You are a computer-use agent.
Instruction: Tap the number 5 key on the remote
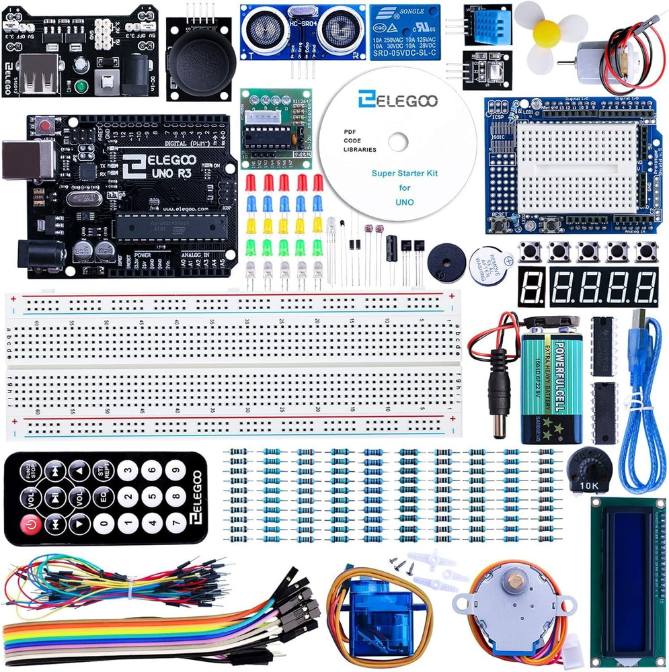151,497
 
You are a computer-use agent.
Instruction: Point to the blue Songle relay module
405,32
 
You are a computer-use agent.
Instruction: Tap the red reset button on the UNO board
46,126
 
